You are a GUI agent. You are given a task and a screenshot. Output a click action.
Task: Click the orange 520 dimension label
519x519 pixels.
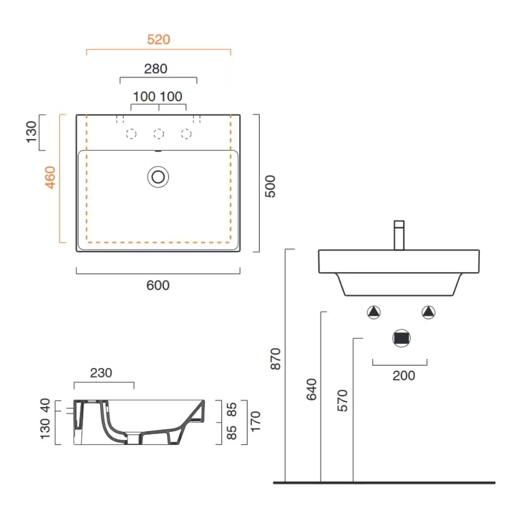coord(159,39)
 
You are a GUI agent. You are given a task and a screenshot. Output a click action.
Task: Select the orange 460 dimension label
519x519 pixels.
coord(50,177)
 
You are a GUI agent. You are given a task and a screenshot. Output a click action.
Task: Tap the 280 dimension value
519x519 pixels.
coord(156,69)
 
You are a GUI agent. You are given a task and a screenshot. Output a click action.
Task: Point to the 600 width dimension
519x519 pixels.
coord(158,285)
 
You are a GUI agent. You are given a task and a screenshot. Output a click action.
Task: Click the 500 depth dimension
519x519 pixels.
coord(270,186)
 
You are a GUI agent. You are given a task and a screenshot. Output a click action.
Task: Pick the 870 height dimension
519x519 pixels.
coord(276,359)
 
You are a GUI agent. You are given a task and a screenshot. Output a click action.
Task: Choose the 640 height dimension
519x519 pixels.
coord(312,390)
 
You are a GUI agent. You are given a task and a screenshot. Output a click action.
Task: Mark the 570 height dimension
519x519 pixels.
coord(343,401)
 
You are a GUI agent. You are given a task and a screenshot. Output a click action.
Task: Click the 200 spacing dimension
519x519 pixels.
coord(404,376)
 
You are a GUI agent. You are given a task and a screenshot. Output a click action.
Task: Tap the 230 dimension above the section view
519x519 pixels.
coord(101,373)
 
